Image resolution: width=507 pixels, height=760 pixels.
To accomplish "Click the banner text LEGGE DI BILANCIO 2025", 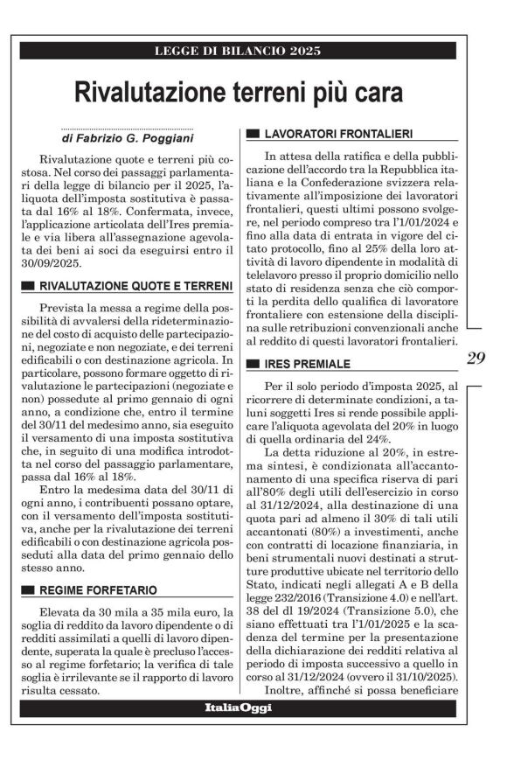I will pyautogui.click(x=237, y=51).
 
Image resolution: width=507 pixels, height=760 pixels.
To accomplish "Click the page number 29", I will pyautogui.click(x=476, y=359).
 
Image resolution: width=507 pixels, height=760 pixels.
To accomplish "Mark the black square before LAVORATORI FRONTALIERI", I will pyautogui.click(x=253, y=134).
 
